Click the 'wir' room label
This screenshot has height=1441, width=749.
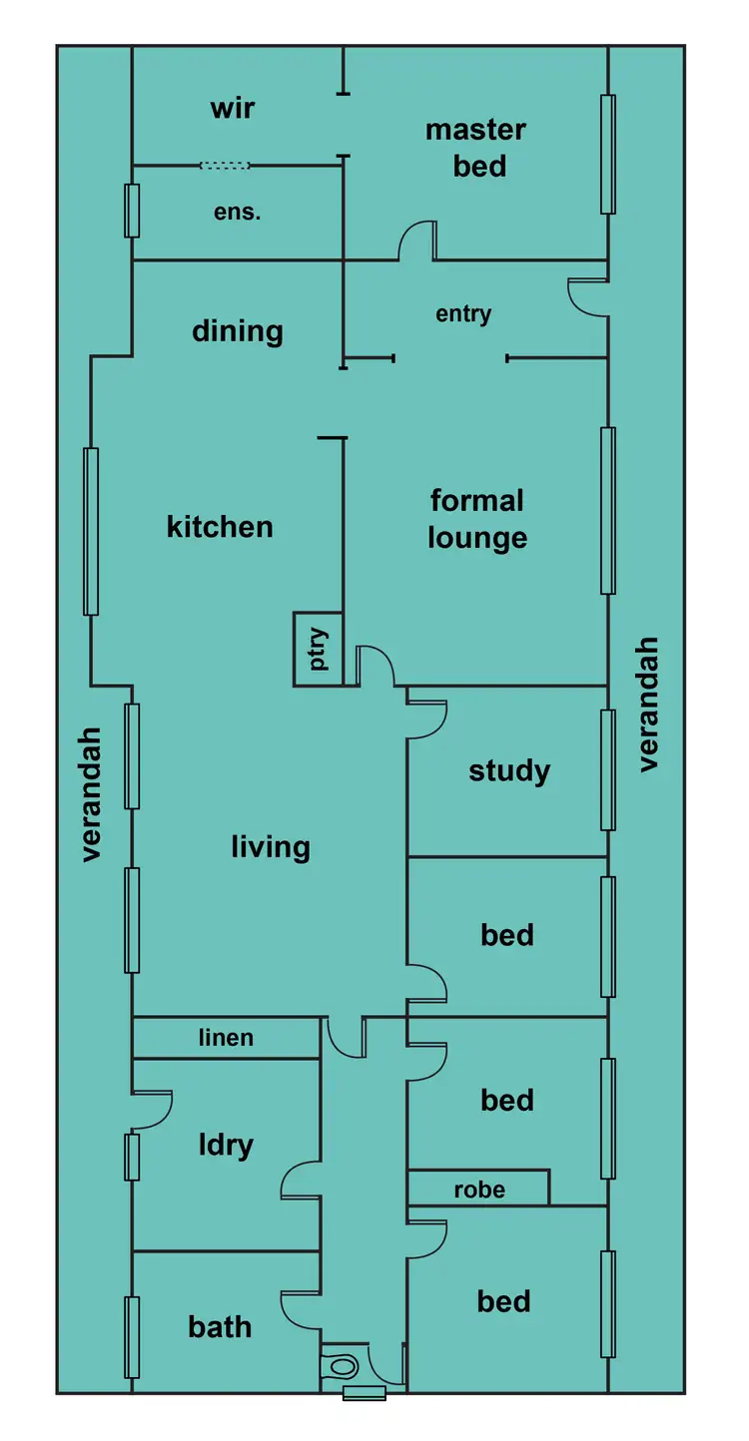(232, 107)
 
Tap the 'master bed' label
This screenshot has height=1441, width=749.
(475, 148)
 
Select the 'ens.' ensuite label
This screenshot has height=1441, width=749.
(237, 212)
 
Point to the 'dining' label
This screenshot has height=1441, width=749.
(237, 331)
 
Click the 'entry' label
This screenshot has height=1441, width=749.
(463, 314)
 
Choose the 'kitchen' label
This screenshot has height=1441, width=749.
(220, 526)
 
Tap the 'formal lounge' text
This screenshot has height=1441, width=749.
(477, 519)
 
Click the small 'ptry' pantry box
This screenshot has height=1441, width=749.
(319, 649)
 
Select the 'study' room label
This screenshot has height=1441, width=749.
(509, 770)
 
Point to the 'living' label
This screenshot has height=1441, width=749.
(271, 847)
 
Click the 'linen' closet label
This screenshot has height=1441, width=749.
(226, 1038)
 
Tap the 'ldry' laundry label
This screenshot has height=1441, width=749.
(225, 1145)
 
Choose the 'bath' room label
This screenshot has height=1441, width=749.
(220, 1327)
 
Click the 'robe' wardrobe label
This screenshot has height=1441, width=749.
(479, 1190)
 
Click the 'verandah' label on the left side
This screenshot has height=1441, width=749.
(92, 793)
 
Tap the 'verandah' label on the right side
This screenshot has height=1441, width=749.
(649, 704)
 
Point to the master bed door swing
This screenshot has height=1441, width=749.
(417, 241)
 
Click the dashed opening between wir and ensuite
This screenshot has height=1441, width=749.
(225, 166)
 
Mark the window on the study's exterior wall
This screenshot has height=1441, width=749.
(607, 770)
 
